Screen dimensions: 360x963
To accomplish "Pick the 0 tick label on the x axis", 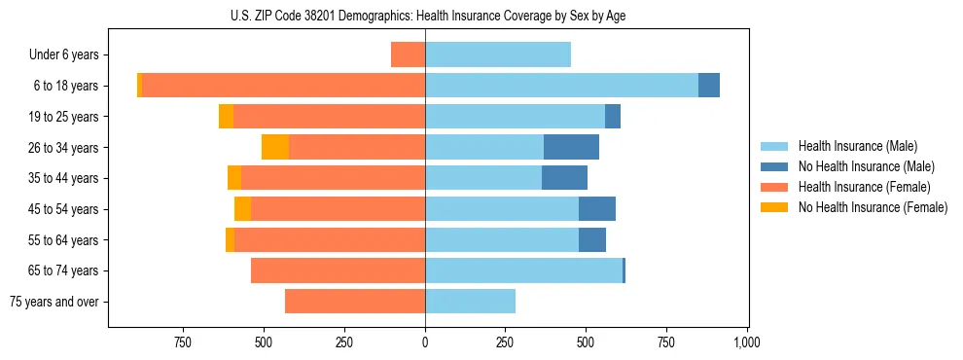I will pyautogui.click(x=425, y=342).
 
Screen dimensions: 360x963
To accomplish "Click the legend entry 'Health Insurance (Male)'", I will pyautogui.click(x=857, y=146).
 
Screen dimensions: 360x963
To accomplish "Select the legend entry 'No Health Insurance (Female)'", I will pyautogui.click(x=873, y=207).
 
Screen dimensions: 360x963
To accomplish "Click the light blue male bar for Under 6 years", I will pyautogui.click(x=498, y=54).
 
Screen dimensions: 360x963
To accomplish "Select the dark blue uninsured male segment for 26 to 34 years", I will pyautogui.click(x=571, y=147).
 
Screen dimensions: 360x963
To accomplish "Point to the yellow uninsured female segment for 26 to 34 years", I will pyautogui.click(x=275, y=147).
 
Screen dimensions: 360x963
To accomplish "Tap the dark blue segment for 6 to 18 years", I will pyautogui.click(x=709, y=86).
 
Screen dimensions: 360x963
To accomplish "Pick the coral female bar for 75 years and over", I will pyautogui.click(x=355, y=302).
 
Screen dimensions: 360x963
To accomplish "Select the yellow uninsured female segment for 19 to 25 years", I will pyautogui.click(x=226, y=117).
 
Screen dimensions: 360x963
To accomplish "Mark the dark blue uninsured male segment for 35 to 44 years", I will pyautogui.click(x=564, y=178).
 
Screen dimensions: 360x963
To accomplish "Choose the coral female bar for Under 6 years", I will pyautogui.click(x=408, y=54).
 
